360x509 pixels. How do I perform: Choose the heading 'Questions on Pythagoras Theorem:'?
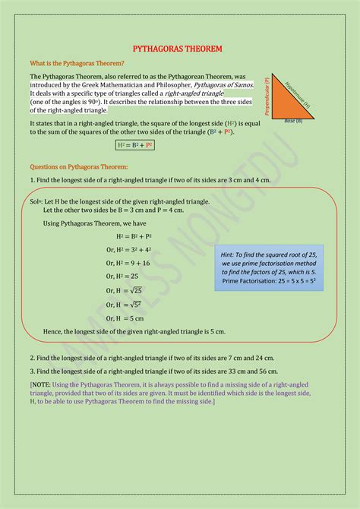[79, 166]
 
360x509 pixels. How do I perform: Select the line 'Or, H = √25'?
[125, 290]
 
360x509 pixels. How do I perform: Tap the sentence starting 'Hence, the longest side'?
[134, 332]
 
